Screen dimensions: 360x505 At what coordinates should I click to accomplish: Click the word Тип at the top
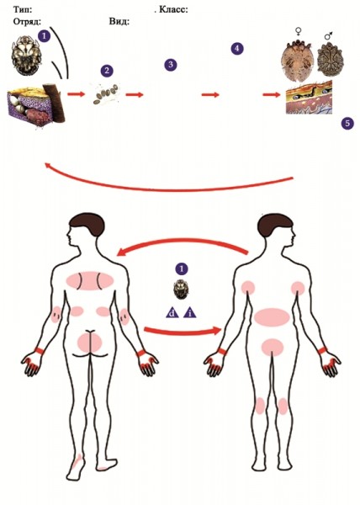point(22,9)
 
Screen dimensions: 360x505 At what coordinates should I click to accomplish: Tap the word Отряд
point(26,22)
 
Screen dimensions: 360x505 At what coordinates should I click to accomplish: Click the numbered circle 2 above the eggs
point(107,71)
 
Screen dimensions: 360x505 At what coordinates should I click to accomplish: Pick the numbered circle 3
point(171,65)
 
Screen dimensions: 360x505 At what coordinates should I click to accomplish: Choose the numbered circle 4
point(237,49)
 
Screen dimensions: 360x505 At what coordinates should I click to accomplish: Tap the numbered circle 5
point(347,123)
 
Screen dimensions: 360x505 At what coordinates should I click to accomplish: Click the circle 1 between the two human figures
point(182,268)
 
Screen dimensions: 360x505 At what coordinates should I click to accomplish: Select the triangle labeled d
point(172,313)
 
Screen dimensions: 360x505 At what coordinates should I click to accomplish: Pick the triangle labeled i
point(190,313)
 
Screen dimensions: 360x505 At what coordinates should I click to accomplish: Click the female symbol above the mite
point(299,31)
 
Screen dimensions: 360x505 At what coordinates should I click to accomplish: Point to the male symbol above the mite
point(329,35)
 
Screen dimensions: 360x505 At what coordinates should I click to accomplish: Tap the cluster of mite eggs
point(106,93)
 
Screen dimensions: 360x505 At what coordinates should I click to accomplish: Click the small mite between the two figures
point(180,290)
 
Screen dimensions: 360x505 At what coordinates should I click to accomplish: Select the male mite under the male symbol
point(331,61)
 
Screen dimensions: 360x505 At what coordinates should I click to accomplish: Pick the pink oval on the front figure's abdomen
point(272,317)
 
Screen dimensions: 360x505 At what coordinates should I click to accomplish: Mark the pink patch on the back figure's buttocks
point(90,343)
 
